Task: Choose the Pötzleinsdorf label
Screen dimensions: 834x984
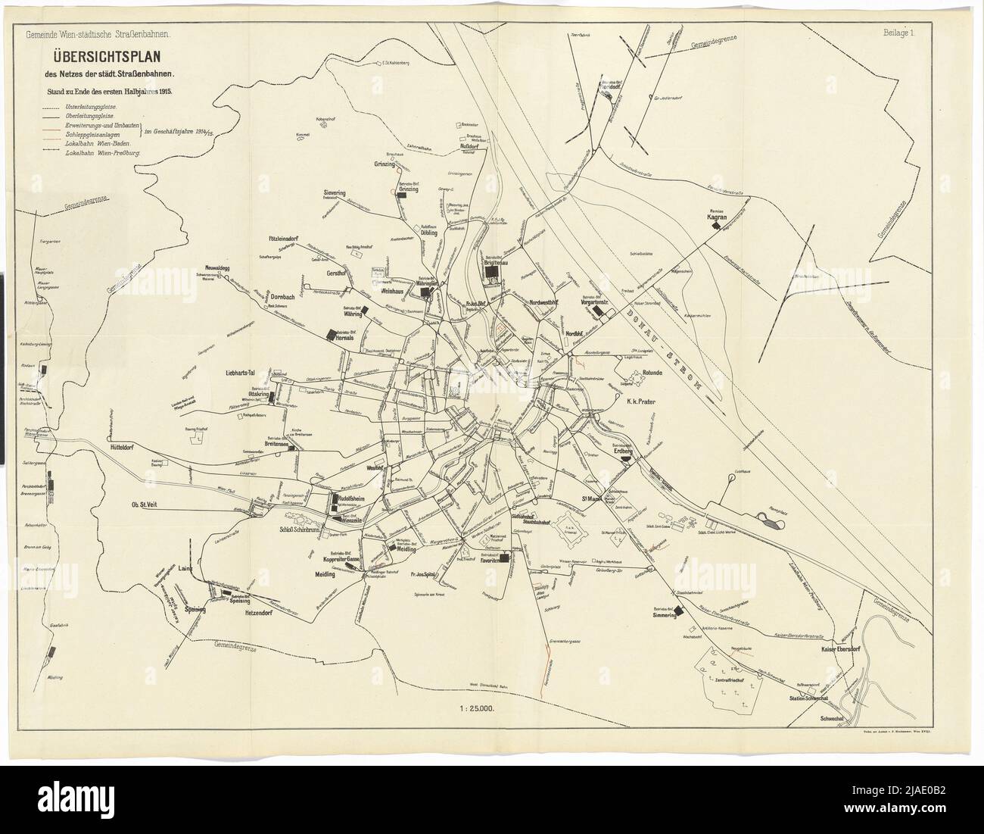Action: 275,239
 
